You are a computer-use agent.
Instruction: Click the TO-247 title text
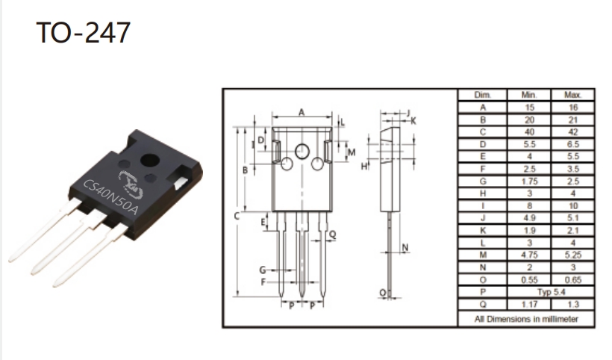(x=83, y=32)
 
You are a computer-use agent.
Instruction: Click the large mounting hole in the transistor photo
(x=150, y=160)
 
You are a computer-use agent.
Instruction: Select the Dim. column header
(x=482, y=95)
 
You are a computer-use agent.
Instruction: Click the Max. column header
(x=572, y=95)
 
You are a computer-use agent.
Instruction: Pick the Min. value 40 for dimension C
(x=529, y=132)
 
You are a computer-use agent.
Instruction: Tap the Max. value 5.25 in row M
(x=572, y=255)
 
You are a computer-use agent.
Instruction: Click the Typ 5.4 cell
(x=551, y=292)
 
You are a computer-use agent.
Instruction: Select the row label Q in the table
(x=483, y=304)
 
